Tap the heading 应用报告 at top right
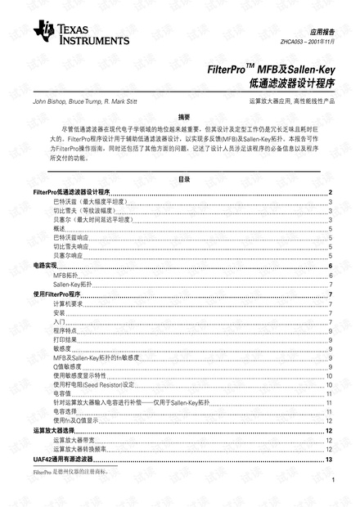coord(313,28)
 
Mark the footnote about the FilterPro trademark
coord(70,472)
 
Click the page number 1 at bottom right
coord(334,491)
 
